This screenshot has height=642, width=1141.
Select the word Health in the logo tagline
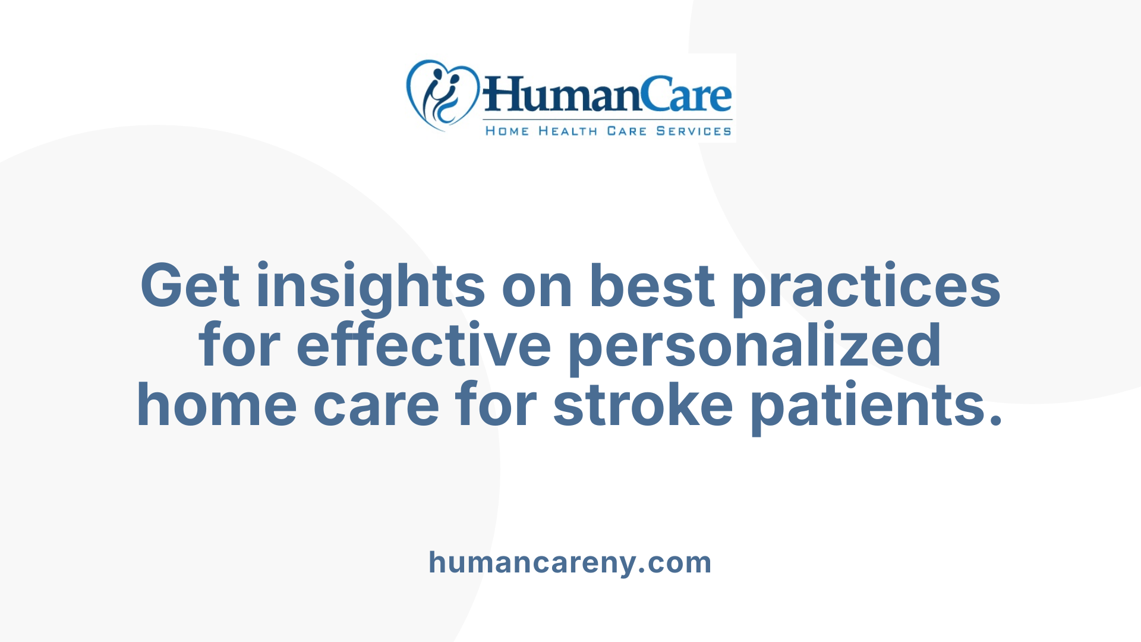568,131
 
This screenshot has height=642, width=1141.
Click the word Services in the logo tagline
694,131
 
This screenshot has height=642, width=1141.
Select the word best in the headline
652,287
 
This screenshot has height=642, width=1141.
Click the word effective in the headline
424,346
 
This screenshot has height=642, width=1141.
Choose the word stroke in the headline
643,405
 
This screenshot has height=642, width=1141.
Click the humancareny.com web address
570,562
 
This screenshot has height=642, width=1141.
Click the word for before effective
239,346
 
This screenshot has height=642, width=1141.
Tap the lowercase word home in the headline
217,405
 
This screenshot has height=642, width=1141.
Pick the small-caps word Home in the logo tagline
507,131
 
